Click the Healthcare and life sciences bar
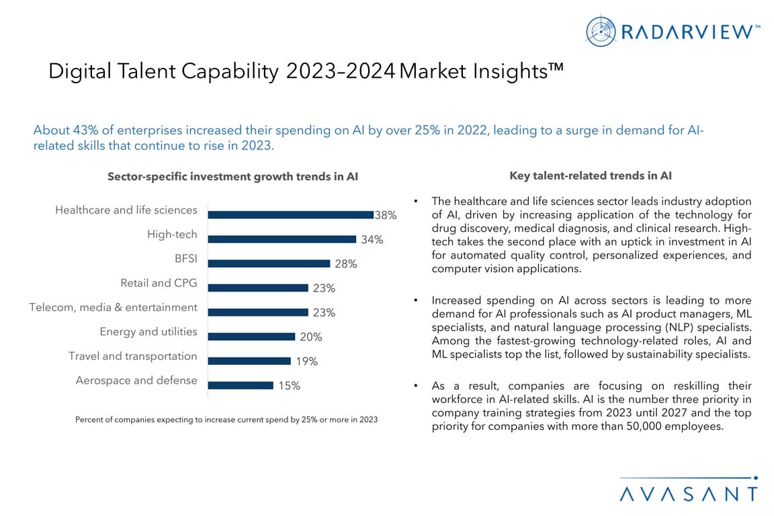pos(290,214)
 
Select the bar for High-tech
pos(282,239)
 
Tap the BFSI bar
pos(269,263)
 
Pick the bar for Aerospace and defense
pos(241,385)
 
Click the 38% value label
pos(386,216)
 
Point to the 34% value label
pos(372,240)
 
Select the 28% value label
pos(345,264)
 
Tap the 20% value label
pos(310,337)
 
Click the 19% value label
pos(306,361)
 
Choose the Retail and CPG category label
pos(159,283)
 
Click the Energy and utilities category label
pos(148,331)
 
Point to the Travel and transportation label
pos(133,355)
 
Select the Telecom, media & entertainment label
pos(114,307)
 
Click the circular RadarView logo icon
pos(601,30)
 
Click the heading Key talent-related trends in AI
pos(591,176)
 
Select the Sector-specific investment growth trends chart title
pos(233,177)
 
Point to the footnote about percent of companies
pos(226,419)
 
